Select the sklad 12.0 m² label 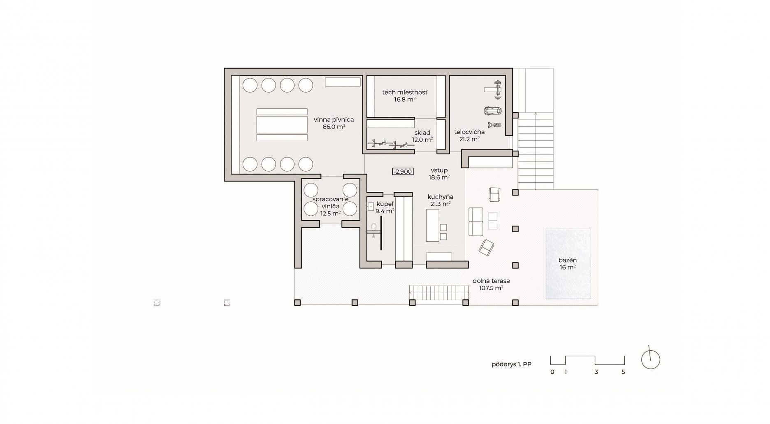tap(422, 136)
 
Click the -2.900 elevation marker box tap(402, 172)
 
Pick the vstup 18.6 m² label tap(439, 174)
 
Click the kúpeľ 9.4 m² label tap(385, 207)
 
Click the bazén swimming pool tap(568, 264)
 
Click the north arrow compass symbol tap(651, 359)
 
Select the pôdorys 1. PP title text tap(511, 364)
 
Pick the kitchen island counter tap(432, 225)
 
